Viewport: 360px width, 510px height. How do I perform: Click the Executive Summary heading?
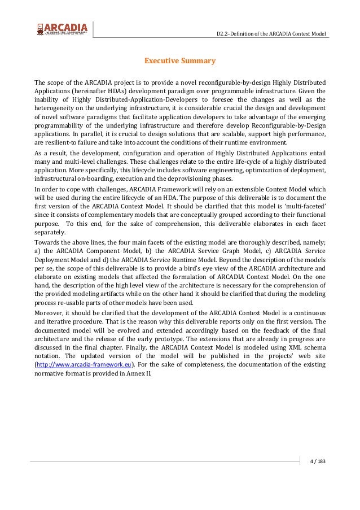[x=179, y=60]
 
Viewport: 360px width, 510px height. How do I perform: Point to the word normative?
[x=52, y=374]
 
